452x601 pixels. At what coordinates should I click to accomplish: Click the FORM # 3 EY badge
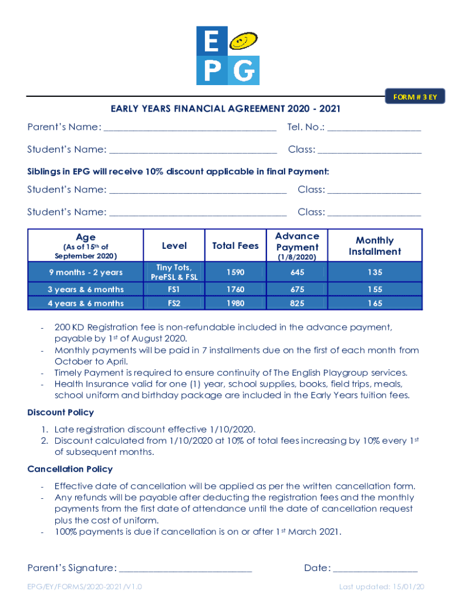(415, 97)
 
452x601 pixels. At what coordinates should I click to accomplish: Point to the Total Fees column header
(235, 246)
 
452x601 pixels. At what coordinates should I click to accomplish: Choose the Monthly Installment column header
(375, 246)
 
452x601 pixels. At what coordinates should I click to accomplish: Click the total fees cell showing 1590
(235, 272)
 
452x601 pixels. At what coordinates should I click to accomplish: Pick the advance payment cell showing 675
(297, 289)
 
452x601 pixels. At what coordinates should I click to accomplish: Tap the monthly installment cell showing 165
(375, 303)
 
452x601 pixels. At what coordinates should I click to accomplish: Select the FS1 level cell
(174, 289)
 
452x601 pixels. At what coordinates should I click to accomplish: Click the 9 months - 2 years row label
(86, 272)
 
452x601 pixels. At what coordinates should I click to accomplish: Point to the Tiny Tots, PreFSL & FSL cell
(174, 272)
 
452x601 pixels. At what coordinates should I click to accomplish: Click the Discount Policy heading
(60, 413)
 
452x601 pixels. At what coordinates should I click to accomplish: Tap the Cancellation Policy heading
(70, 469)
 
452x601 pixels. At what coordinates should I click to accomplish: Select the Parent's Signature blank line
(185, 569)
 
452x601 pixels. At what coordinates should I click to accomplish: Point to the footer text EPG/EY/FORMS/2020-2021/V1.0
(85, 587)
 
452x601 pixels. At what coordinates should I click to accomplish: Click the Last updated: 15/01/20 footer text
(382, 587)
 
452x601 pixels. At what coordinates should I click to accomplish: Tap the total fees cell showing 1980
(235, 303)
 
